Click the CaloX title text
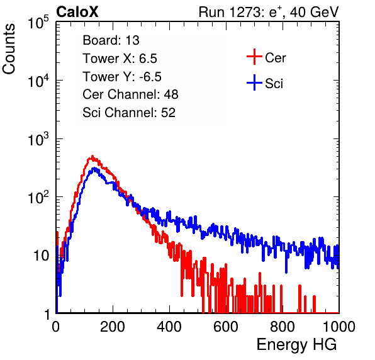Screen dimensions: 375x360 tap(77, 12)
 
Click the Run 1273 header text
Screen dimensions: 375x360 tap(269, 12)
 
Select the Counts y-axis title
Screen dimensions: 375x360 tap(9, 49)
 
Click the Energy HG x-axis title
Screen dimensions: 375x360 tap(296, 345)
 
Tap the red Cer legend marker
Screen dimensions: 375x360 tap(254, 57)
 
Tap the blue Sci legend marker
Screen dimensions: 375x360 tap(254, 83)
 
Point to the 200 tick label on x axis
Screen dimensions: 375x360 tap(113, 327)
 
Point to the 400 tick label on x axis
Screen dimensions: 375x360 tap(169, 327)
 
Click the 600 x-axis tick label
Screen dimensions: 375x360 tap(226, 327)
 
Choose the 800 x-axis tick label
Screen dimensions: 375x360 tap(283, 327)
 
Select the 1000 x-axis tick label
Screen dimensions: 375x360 tap(339, 327)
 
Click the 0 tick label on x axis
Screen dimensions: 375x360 tap(56, 327)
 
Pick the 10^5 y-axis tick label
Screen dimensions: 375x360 tap(38, 23)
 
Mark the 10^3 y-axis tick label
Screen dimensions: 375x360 tap(38, 139)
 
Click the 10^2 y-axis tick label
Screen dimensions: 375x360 tap(38, 198)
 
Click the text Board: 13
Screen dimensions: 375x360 tap(111, 40)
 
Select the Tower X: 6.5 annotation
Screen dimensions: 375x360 tap(120, 59)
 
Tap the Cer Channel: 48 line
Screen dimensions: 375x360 tap(130, 94)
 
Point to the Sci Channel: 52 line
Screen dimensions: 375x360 tap(129, 113)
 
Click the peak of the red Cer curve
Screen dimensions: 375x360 tap(92, 156)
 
